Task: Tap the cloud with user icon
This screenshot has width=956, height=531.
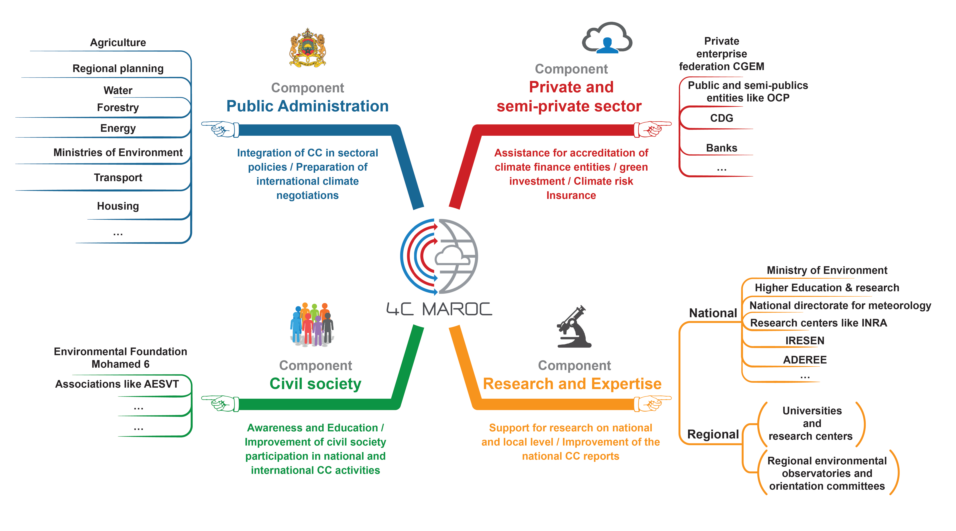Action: [607, 38]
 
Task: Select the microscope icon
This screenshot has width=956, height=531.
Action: [574, 326]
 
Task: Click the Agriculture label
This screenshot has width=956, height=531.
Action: [118, 43]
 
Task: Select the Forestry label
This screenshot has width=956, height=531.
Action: [118, 108]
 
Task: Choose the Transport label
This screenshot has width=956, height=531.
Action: [118, 178]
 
